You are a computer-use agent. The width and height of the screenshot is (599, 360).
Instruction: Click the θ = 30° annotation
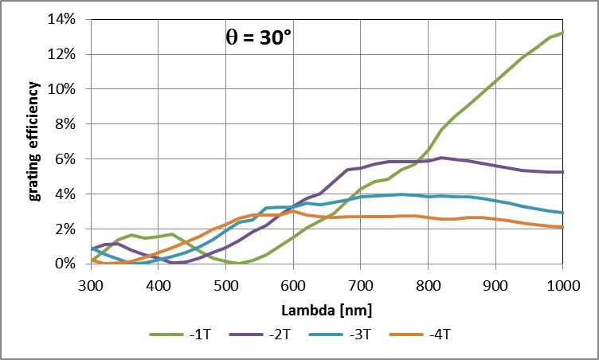[260, 37]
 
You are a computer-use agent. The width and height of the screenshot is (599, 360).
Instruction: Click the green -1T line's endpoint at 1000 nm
[563, 33]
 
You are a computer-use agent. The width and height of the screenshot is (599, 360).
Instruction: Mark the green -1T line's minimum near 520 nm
[240, 263]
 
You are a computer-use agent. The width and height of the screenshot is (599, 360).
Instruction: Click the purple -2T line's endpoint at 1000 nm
[563, 172]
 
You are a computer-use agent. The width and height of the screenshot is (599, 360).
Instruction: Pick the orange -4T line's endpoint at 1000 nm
[563, 227]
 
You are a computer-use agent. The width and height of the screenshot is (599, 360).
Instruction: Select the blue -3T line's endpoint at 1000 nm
[563, 213]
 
